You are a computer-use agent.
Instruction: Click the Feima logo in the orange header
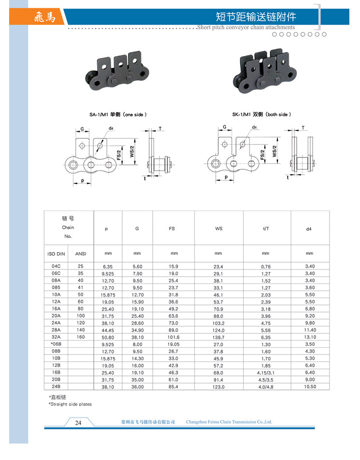click(45, 17)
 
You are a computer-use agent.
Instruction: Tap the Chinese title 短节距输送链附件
click(256, 17)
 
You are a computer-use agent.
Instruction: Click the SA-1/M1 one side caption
click(118, 115)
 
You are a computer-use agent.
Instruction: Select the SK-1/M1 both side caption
click(261, 115)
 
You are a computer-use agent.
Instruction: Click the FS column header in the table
click(172, 228)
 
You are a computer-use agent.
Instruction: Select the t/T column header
click(265, 228)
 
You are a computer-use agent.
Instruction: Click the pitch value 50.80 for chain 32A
click(107, 337)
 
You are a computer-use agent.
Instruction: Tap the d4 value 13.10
click(310, 337)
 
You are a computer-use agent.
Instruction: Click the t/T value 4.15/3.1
click(265, 373)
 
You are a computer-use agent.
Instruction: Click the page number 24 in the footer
click(78, 423)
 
